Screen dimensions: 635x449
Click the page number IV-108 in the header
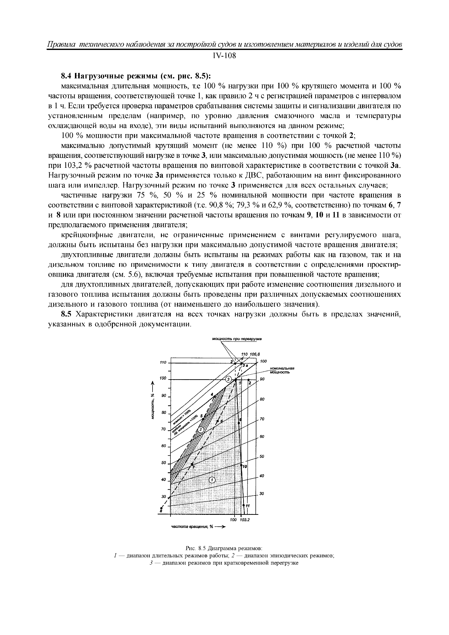[224, 56]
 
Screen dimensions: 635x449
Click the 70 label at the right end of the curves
[262, 419]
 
